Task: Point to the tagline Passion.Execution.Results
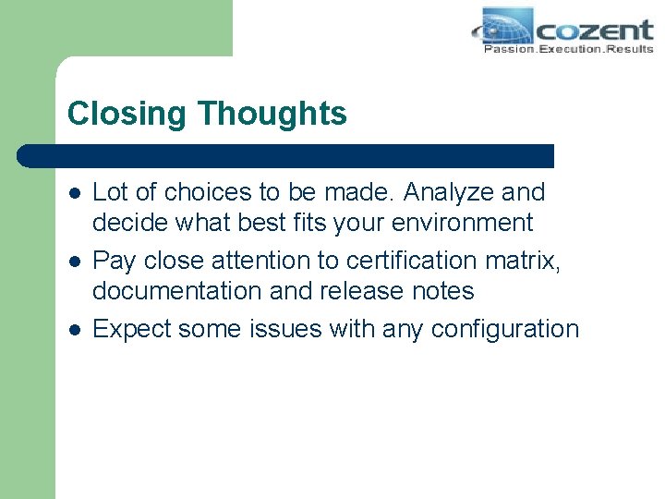(x=568, y=49)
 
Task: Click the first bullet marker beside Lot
(x=73, y=193)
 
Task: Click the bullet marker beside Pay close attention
(x=73, y=262)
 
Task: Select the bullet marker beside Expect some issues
(x=73, y=330)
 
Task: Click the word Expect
(x=132, y=329)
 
